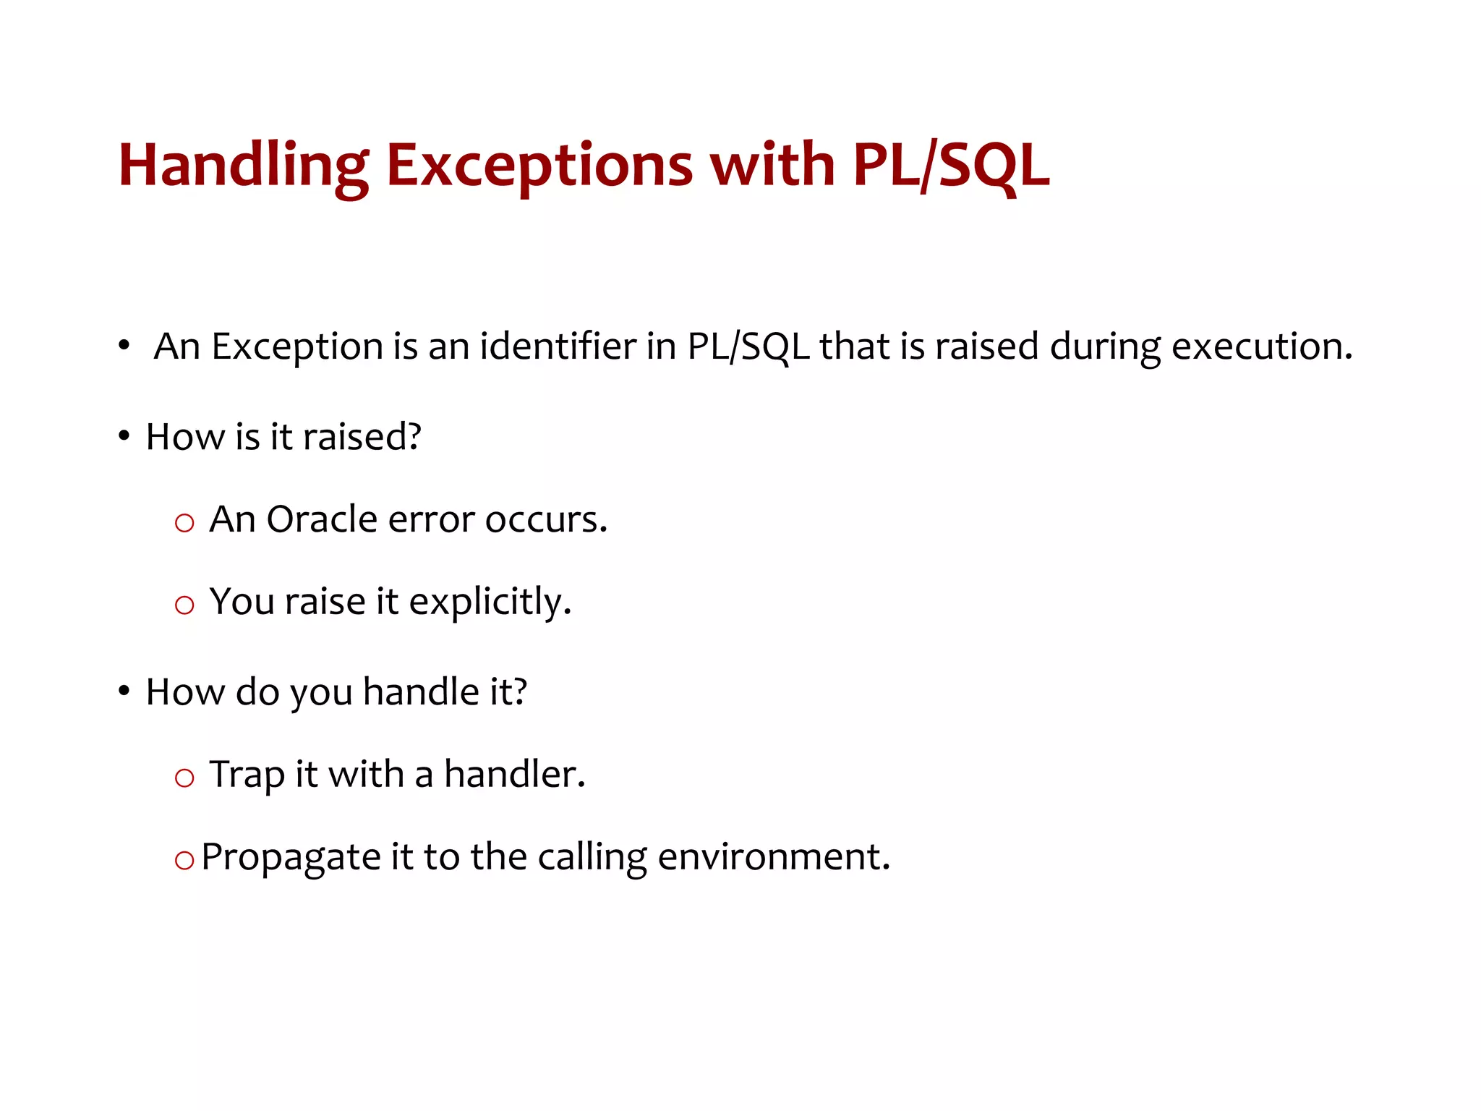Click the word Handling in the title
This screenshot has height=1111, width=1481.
coord(243,166)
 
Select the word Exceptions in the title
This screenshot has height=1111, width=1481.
coord(539,166)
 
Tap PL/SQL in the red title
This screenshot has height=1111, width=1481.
coord(950,166)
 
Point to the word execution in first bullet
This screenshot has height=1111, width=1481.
coord(1261,346)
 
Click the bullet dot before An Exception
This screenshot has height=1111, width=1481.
coord(124,346)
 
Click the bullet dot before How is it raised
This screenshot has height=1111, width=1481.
coord(124,436)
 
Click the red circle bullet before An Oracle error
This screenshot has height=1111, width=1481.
coord(184,522)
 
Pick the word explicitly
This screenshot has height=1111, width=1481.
coord(490,602)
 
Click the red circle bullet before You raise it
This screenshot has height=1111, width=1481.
coord(184,605)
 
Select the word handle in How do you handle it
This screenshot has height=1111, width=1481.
coord(421,691)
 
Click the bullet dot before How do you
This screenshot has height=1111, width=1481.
coord(124,691)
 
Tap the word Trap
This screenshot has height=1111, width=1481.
coord(247,775)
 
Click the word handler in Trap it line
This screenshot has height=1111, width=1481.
coord(513,774)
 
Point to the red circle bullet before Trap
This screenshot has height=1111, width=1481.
coord(184,778)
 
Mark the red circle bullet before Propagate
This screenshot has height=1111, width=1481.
coord(184,860)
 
